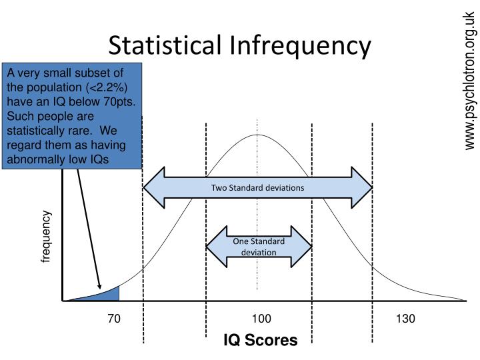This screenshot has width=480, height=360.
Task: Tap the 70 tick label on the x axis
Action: point(114,319)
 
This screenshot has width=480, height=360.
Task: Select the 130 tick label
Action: point(405,319)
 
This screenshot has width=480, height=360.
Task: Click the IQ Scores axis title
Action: point(260,341)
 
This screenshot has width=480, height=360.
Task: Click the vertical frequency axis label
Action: point(46,236)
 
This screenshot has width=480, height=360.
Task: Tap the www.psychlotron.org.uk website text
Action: point(469,80)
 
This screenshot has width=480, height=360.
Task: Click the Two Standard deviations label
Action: point(257,187)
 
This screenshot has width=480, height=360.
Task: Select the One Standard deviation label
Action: point(259,247)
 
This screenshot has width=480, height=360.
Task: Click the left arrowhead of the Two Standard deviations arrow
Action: point(153,187)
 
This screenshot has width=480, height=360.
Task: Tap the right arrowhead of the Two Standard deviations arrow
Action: point(363,187)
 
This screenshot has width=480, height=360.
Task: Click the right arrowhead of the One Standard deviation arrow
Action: point(305,247)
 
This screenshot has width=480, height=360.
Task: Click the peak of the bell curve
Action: point(257,135)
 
